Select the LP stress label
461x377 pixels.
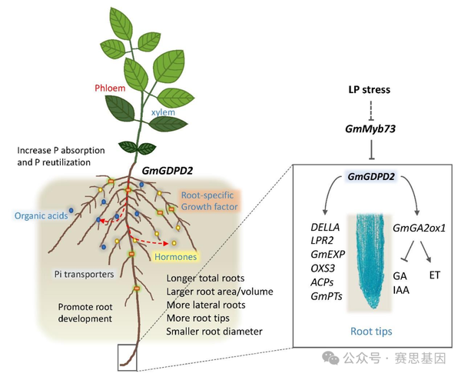pos(367,90)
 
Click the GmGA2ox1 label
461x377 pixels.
pos(420,229)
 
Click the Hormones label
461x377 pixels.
pos(174,256)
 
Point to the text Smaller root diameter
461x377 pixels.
pos(215,332)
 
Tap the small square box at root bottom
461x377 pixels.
pos(127,359)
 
